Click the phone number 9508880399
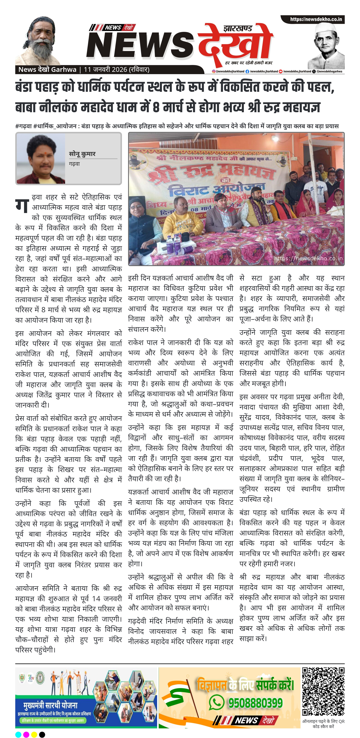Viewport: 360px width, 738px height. point(255,702)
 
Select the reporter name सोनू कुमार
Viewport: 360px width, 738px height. point(82,154)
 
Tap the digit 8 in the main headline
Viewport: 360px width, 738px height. point(156,107)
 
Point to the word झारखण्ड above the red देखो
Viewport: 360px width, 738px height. point(238,28)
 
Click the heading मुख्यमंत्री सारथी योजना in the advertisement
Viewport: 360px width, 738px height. point(50,705)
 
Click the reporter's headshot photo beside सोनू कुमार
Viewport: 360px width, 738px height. point(41,159)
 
